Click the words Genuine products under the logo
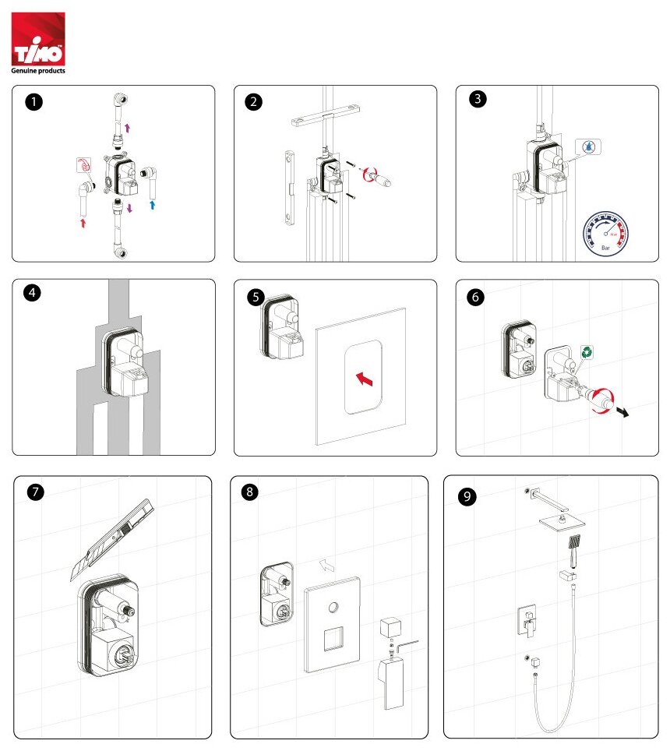pyautogui.click(x=37, y=71)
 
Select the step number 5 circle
pyautogui.click(x=255, y=297)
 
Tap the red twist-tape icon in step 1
pyautogui.click(x=83, y=165)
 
